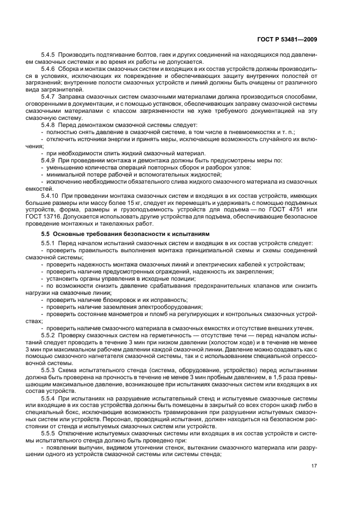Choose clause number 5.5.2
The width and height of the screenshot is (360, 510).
(x=48, y=336)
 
